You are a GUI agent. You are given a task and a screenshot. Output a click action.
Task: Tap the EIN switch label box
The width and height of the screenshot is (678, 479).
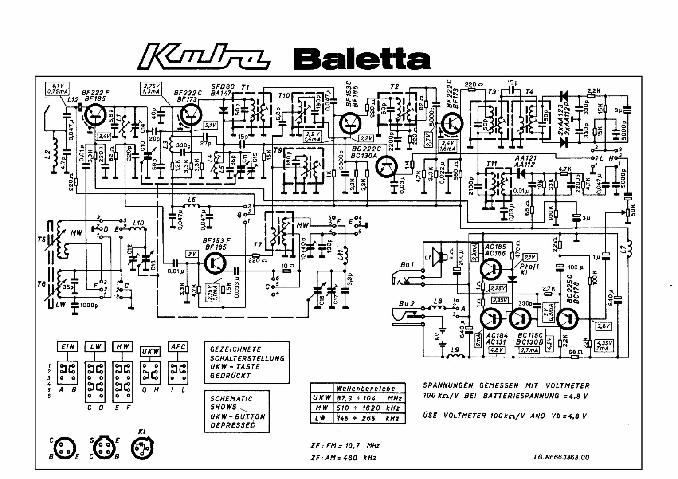pyautogui.click(x=67, y=347)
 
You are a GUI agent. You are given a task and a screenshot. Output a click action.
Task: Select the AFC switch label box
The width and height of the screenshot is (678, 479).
pyautogui.click(x=177, y=347)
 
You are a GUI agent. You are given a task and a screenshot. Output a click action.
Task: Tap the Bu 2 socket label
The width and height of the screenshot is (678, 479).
pyautogui.click(x=407, y=303)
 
